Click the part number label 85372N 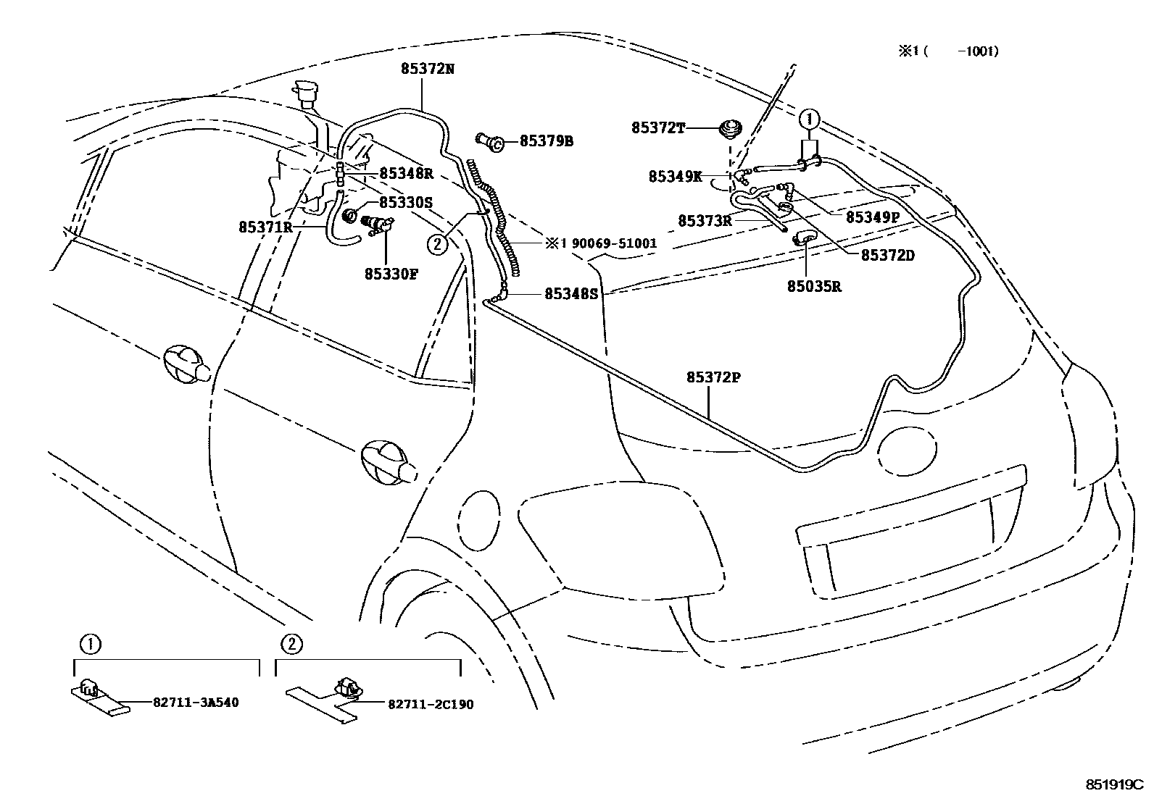(427, 70)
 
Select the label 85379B (546, 141)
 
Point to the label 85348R (406, 174)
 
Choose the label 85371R (265, 227)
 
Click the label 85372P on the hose (713, 377)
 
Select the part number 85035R (814, 286)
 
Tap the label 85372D (887, 255)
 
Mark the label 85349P (872, 216)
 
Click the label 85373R (705, 220)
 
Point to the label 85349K (675, 176)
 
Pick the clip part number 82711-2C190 (430, 703)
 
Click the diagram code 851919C (1113, 784)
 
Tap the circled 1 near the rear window (810, 118)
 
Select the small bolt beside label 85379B (492, 142)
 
